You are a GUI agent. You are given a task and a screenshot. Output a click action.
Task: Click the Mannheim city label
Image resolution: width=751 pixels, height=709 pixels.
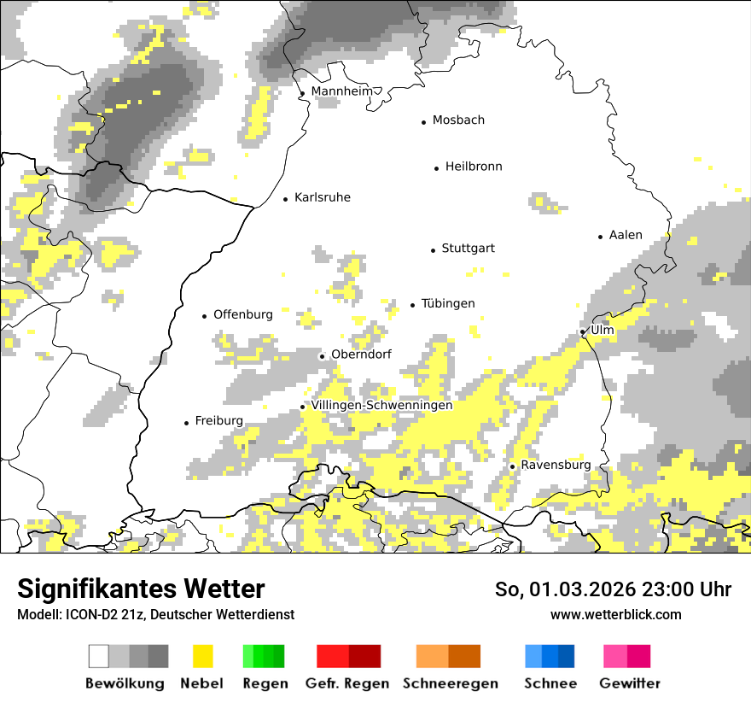pos(342,91)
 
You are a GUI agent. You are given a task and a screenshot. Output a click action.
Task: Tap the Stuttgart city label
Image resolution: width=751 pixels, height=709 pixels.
pos(468,249)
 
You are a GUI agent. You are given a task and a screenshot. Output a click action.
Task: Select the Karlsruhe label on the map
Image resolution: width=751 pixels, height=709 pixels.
pos(322,197)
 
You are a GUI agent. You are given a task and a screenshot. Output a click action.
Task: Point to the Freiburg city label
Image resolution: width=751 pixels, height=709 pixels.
pos(218,420)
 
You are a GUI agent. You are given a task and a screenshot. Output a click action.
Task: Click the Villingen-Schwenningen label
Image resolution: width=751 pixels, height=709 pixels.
pos(381,405)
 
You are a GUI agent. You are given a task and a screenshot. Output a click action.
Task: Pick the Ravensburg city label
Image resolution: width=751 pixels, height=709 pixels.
pos(556,465)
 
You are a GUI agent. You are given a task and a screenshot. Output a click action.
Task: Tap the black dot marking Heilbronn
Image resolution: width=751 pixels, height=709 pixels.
pos(436,168)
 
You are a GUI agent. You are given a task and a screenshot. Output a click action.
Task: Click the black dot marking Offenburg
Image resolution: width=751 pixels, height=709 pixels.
pos(204,316)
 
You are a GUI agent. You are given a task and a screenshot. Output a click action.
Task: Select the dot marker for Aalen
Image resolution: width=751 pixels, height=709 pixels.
pos(600,237)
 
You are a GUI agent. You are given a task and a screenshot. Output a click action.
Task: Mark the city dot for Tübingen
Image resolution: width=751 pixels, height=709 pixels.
pos(412,305)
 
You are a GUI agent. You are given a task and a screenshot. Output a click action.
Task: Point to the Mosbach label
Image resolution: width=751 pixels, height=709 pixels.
pos(458,120)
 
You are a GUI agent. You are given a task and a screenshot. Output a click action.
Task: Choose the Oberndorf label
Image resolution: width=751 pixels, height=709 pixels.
pos(361,354)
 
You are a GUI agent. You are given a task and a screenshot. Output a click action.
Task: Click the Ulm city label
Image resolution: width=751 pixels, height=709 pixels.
pos(602,330)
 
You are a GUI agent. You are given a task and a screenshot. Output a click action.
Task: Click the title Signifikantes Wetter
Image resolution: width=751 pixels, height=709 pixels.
pos(141,589)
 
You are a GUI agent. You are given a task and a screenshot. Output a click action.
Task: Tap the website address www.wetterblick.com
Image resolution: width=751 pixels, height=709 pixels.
pos(615,614)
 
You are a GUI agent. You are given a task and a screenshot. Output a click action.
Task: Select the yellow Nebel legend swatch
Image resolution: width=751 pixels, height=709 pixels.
pos(202,656)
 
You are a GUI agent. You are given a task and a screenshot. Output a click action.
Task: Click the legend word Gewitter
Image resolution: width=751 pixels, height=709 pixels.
pos(630,683)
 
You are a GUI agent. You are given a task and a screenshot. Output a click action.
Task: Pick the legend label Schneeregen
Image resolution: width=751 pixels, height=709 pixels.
pos(451,683)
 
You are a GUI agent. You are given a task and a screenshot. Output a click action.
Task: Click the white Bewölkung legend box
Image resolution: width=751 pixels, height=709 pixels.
pos(99,656)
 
